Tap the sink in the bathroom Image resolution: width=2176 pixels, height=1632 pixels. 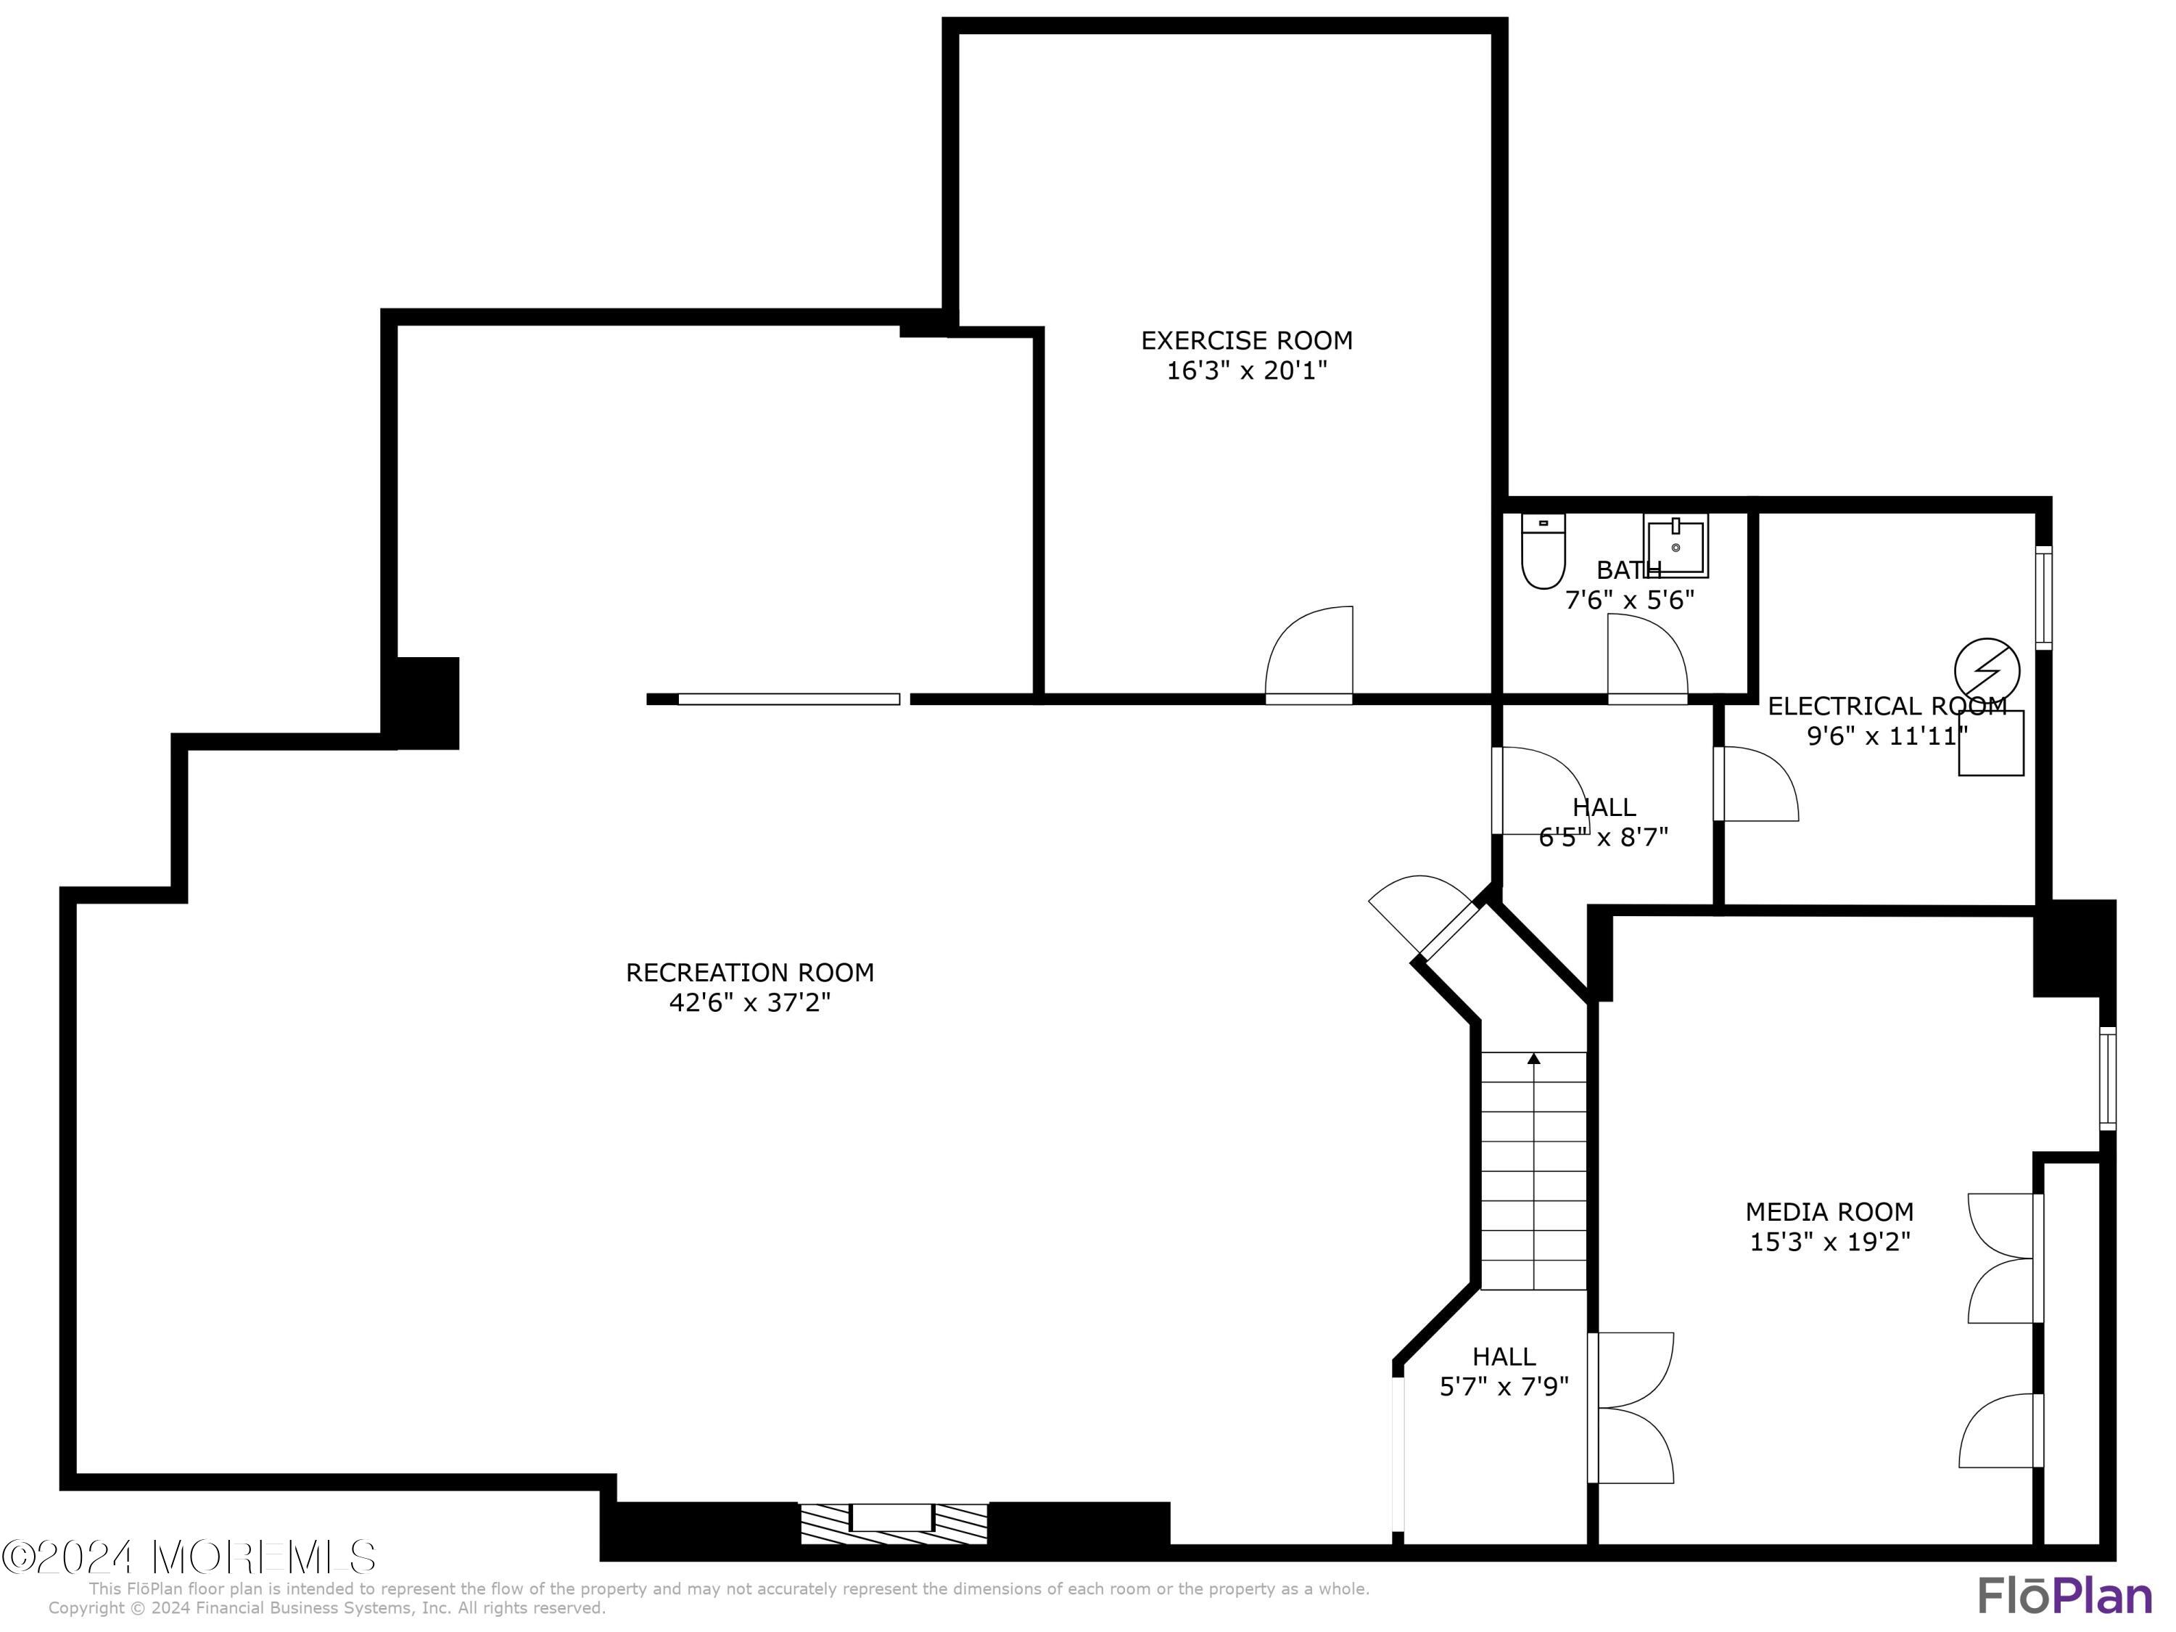pos(1676,545)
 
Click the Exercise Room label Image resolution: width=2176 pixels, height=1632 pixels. pos(1246,340)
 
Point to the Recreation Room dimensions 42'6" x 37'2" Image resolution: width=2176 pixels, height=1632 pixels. pos(749,1002)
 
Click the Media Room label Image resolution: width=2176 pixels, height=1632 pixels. pos(1829,1211)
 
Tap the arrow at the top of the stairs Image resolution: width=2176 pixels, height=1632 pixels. pos(1533,1058)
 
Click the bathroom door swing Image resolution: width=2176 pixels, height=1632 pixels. pos(1646,657)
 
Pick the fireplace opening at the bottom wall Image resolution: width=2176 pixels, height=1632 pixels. pos(891,1518)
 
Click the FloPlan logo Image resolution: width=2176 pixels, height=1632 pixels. pos(2064,1594)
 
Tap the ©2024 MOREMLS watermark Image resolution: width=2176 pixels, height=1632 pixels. pos(189,1557)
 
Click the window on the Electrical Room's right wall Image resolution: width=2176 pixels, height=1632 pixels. pos(2043,597)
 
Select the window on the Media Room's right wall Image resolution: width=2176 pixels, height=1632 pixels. pos(2107,1078)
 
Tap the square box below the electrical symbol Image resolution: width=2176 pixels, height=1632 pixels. pos(1990,743)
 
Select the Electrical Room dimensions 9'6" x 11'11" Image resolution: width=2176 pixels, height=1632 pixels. pos(1887,735)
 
